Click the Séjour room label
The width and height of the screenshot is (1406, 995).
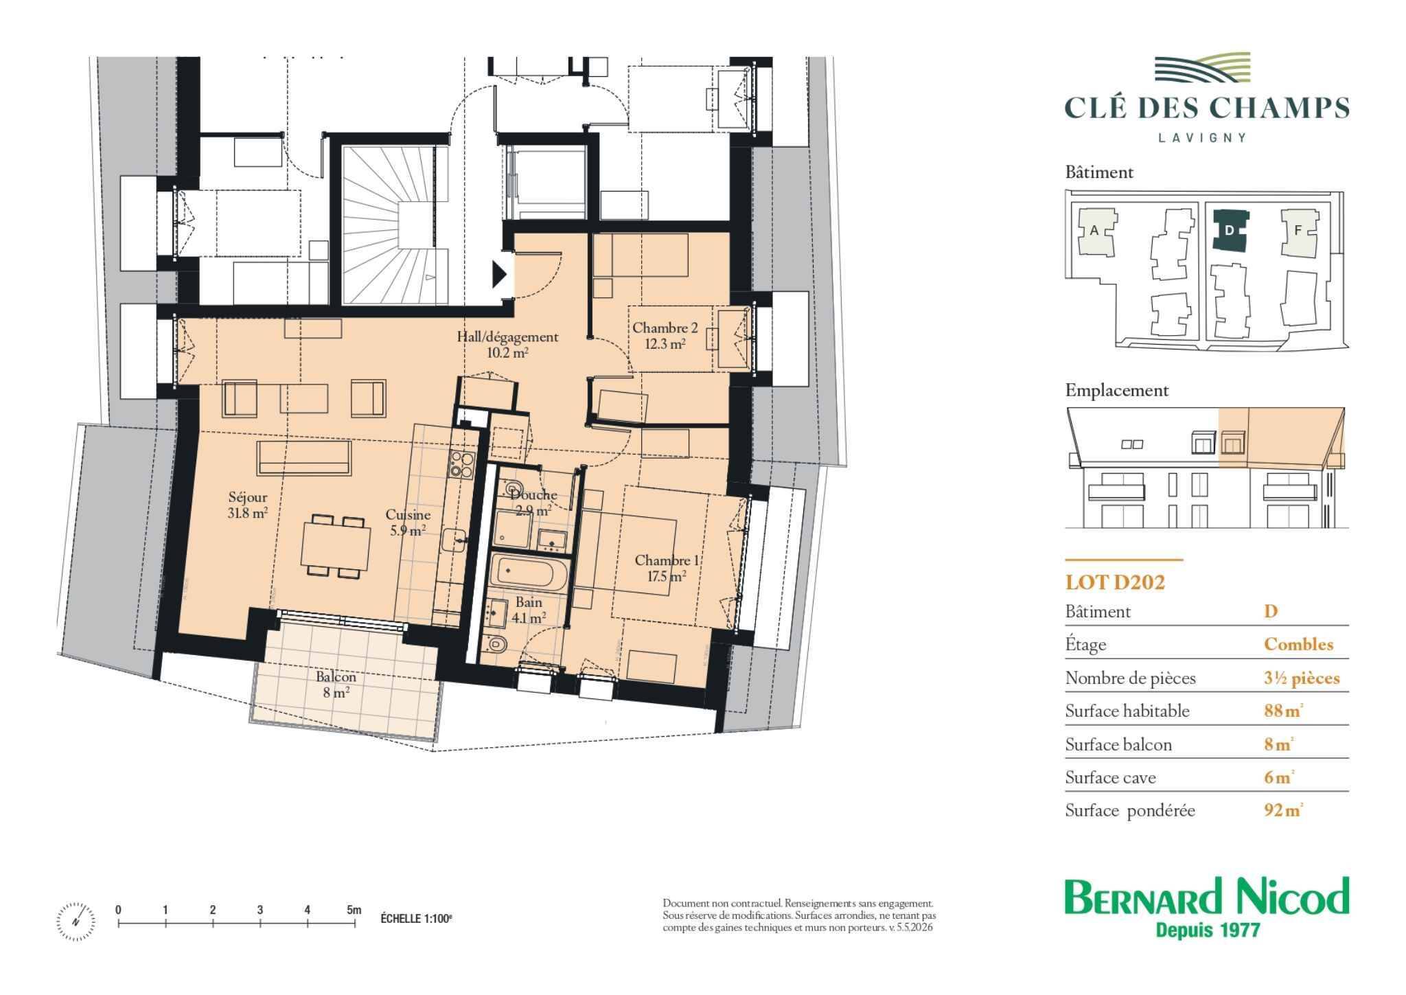(x=248, y=497)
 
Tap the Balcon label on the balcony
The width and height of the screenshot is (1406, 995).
(x=336, y=676)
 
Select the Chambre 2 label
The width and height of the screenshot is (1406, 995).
(x=660, y=328)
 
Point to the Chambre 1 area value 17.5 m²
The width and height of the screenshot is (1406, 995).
(x=667, y=577)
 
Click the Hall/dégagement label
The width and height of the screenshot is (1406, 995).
(x=507, y=337)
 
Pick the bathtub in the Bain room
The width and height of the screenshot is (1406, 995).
(x=529, y=573)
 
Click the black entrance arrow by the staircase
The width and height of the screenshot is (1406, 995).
(x=500, y=275)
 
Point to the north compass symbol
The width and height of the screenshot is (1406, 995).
(x=76, y=921)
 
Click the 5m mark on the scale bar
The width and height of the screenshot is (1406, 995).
(x=354, y=910)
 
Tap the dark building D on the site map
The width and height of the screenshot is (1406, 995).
(x=1230, y=230)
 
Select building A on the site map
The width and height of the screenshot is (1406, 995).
(x=1095, y=231)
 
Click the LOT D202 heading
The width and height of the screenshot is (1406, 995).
(x=1115, y=582)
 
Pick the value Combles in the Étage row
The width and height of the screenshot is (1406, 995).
(x=1299, y=644)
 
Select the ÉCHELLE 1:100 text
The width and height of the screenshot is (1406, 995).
(x=417, y=919)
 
